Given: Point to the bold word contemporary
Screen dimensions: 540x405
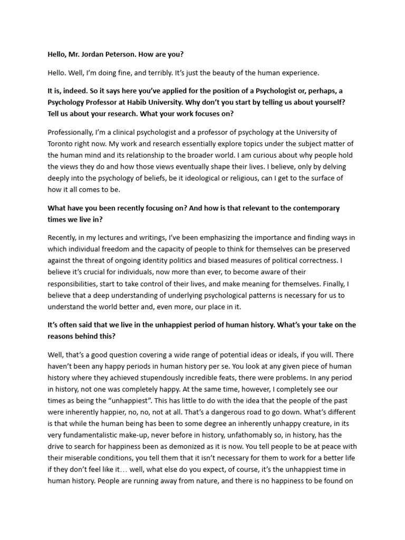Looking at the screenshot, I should [x=310, y=208].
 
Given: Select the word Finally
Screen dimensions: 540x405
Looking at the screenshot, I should [x=326, y=284].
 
